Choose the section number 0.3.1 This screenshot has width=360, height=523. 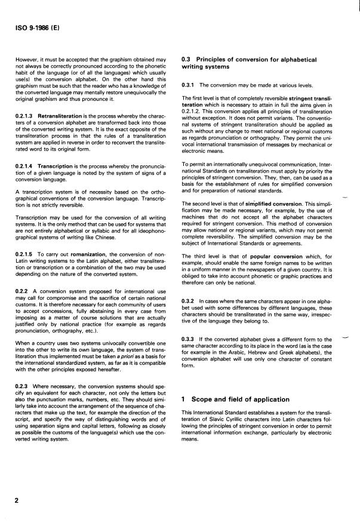(188, 86)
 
